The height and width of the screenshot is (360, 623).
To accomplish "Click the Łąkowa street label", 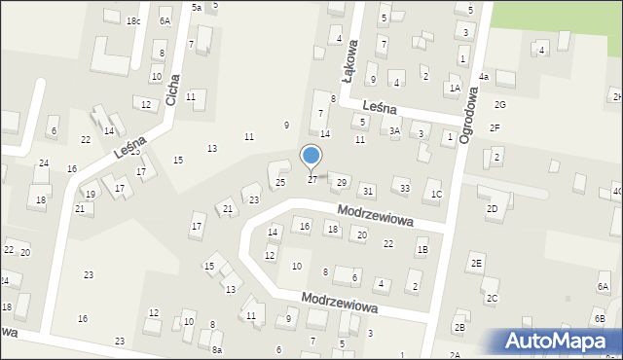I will (x=349, y=57).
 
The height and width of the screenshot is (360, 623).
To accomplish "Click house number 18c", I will (x=133, y=21).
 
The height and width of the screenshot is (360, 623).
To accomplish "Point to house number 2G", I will (x=499, y=104).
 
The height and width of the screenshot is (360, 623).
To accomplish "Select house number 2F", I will (x=495, y=127).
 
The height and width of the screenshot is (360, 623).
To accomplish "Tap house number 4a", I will (x=484, y=77).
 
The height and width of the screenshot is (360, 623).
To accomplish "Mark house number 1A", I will (x=454, y=89).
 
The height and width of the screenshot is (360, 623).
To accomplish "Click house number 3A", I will (x=394, y=130).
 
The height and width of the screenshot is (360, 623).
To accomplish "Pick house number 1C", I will (x=436, y=195).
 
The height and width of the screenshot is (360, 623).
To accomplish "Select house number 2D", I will (x=492, y=208).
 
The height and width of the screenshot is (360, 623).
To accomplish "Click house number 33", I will (x=405, y=188).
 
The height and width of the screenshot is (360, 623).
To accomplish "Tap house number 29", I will (x=341, y=183).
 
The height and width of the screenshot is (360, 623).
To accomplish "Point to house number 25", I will (x=279, y=182).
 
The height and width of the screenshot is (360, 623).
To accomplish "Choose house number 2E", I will (x=476, y=263).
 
